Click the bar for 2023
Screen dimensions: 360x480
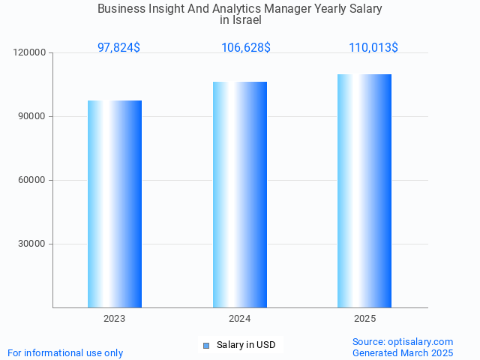(x=115, y=204)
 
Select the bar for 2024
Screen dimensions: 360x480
(x=240, y=195)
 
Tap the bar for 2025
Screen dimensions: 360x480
(x=364, y=191)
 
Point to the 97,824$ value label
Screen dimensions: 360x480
(x=118, y=47)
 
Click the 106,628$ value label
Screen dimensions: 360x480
(x=246, y=47)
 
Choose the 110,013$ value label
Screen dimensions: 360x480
(x=373, y=47)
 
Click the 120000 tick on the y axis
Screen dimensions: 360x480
(x=30, y=53)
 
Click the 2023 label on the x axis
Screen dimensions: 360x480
(x=115, y=319)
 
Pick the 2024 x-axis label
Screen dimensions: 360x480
(x=240, y=319)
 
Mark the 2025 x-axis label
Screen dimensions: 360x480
(x=365, y=319)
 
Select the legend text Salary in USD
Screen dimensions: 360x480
(x=246, y=345)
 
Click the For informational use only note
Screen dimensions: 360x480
(x=65, y=352)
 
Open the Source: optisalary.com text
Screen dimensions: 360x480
(x=403, y=341)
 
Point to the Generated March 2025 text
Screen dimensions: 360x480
(x=403, y=352)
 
